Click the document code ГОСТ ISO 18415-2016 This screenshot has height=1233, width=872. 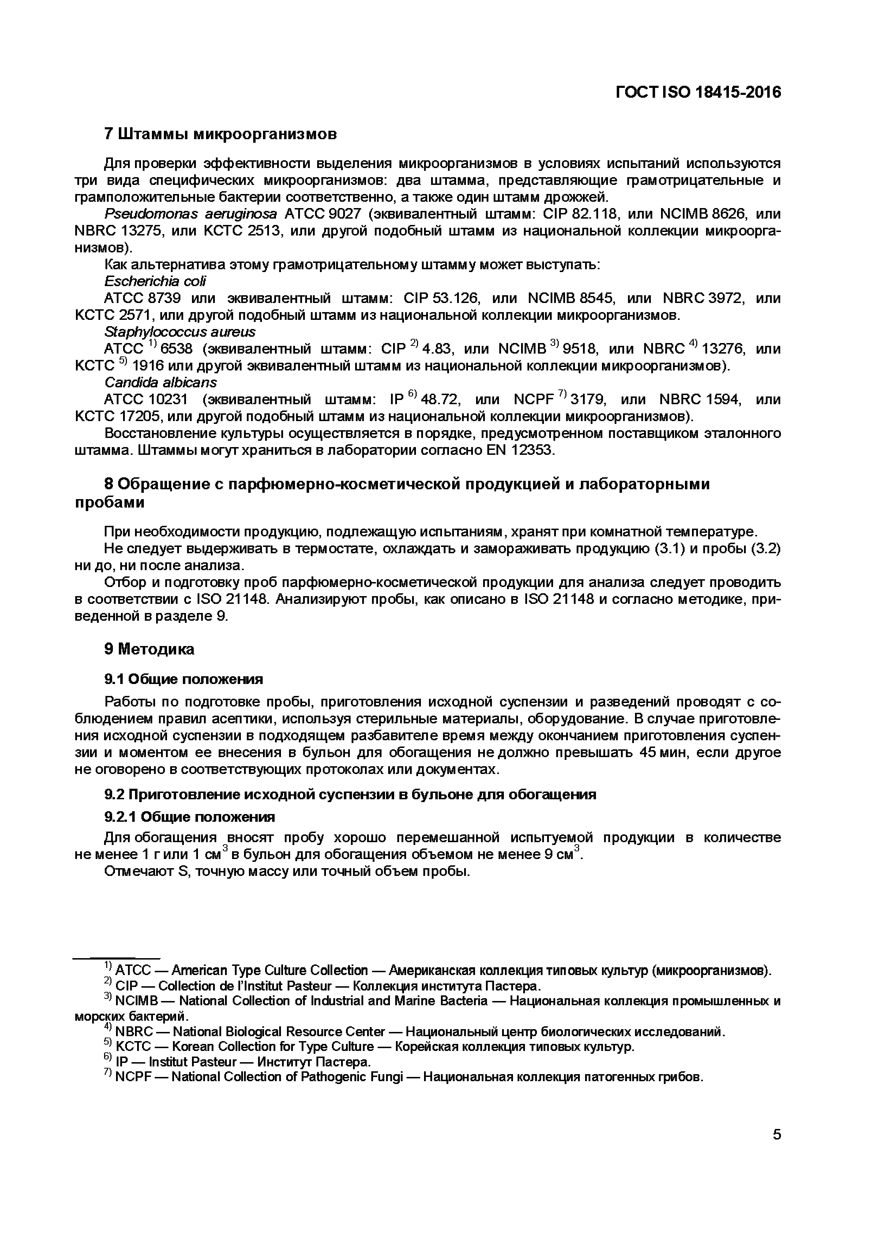coord(698,92)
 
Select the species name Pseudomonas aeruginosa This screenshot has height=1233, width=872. coord(191,214)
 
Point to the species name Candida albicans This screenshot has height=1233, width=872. coord(161,382)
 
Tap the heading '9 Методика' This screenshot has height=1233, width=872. coord(149,649)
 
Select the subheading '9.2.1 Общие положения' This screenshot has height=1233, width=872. coord(189,817)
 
